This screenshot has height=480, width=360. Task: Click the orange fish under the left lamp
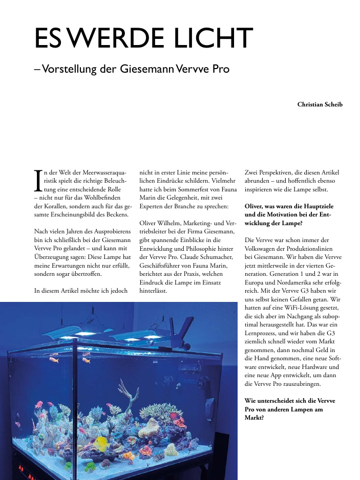[54, 360]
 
